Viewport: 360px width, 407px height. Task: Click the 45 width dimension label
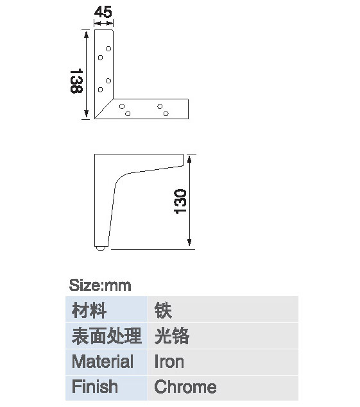[103, 12]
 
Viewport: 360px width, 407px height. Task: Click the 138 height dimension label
[76, 81]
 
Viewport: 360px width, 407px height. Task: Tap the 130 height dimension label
[180, 201]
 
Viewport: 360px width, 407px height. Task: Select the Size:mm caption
[100, 285]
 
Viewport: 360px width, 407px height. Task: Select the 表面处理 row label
[107, 336]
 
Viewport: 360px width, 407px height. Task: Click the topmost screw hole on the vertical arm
[108, 49]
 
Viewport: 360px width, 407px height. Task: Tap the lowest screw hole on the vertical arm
[100, 90]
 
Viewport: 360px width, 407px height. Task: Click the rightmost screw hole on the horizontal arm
[166, 113]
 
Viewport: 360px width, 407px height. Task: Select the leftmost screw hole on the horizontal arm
[122, 106]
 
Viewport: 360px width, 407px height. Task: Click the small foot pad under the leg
[100, 248]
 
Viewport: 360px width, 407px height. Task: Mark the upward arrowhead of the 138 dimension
[86, 34]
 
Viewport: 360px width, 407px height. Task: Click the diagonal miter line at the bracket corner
[104, 109]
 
